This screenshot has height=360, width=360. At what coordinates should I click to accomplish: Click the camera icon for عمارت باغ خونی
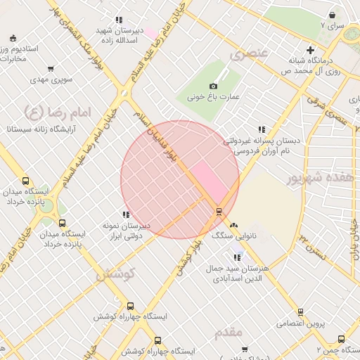pyautogui.click(x=213, y=86)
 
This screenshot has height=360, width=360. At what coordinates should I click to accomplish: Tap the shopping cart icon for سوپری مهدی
pyautogui.click(x=51, y=69)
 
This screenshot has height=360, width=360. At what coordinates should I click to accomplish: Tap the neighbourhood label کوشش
pyautogui.click(x=114, y=274)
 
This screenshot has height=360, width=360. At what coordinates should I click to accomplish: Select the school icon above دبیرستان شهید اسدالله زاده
pyautogui.click(x=119, y=20)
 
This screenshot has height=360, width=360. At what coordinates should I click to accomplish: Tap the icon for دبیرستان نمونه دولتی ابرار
pyautogui.click(x=126, y=214)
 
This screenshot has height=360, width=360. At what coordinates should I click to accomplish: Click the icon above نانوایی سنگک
pyautogui.click(x=234, y=225)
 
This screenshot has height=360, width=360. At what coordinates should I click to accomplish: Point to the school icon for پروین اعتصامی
pyautogui.click(x=301, y=311)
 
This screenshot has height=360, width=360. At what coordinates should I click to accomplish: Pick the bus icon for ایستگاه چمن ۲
pyautogui.click(x=341, y=339)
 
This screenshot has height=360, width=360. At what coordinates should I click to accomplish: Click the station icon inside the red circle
pyautogui.click(x=219, y=211)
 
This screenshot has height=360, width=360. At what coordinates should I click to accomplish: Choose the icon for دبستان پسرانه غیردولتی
pyautogui.click(x=262, y=129)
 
